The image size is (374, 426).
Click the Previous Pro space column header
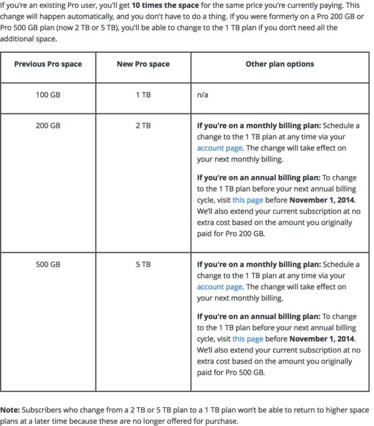click(48, 64)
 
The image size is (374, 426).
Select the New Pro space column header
click(143, 64)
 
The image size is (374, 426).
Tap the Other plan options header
click(279, 64)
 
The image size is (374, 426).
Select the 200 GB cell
click(48, 126)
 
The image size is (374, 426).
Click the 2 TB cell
click(143, 126)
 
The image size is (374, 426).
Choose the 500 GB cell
click(48, 264)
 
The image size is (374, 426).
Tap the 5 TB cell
click(143, 264)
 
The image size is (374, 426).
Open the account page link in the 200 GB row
click(219, 148)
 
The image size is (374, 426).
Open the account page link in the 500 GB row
click(219, 287)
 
